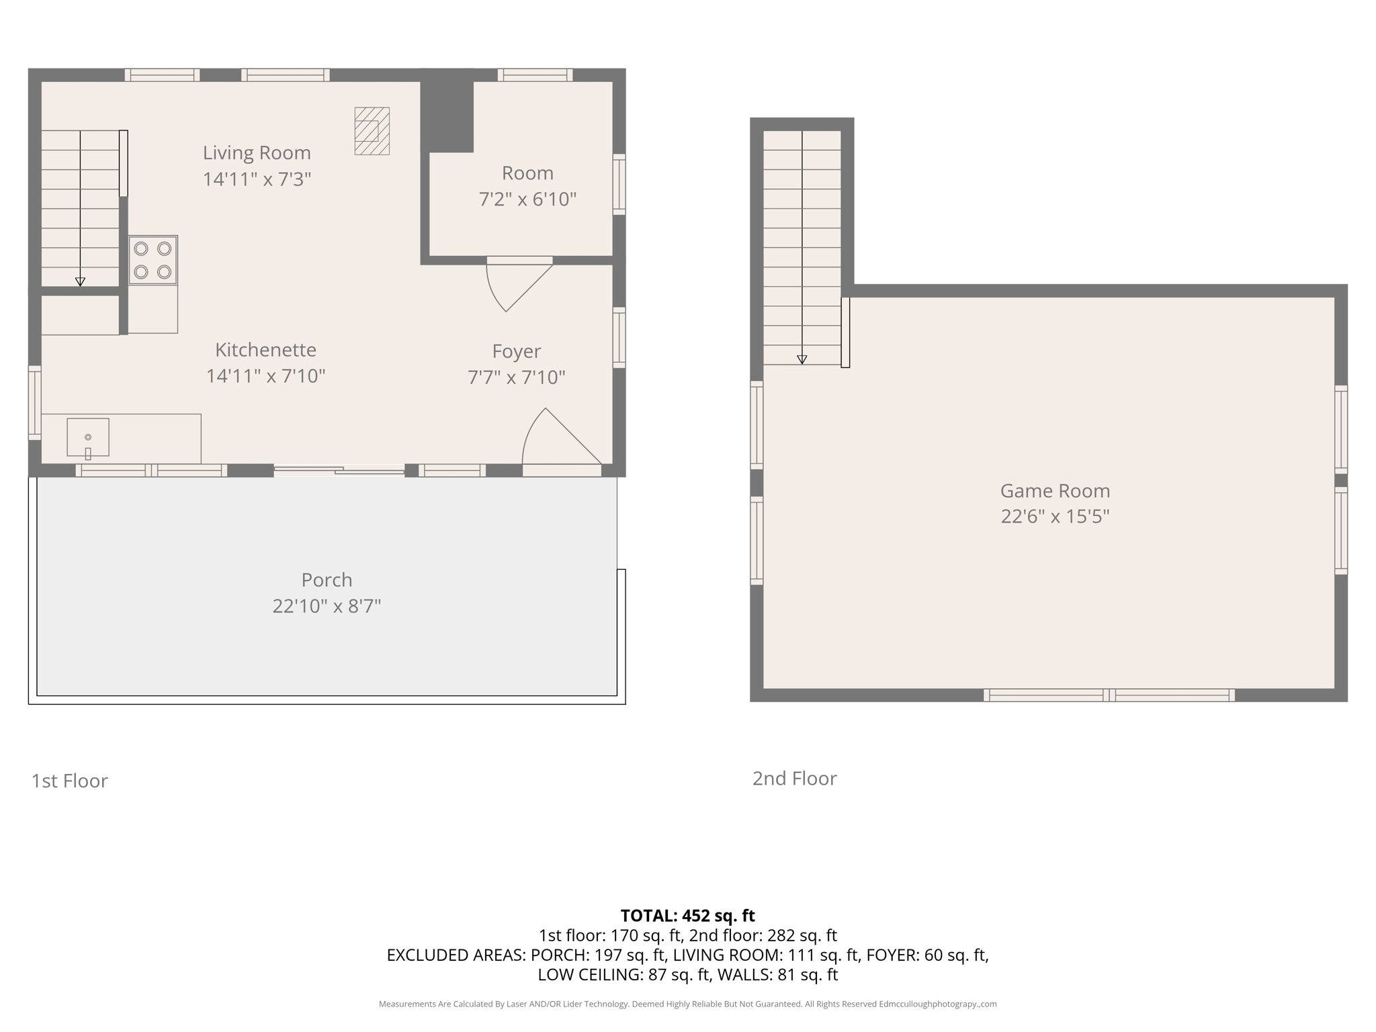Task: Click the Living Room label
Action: pyautogui.click(x=257, y=153)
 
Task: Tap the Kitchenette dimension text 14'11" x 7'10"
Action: pyautogui.click(x=265, y=376)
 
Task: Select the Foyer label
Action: pyautogui.click(x=517, y=351)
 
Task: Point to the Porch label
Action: pyautogui.click(x=327, y=579)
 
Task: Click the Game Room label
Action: pyautogui.click(x=1055, y=490)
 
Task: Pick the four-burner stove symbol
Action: pyautogui.click(x=153, y=260)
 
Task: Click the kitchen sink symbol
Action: pyautogui.click(x=88, y=437)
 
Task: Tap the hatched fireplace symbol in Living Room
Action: pyautogui.click(x=372, y=131)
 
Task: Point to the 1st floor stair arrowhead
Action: pyautogui.click(x=80, y=282)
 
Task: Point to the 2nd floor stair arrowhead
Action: pyautogui.click(x=802, y=360)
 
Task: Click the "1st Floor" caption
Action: pyautogui.click(x=70, y=781)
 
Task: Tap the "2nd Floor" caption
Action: pyautogui.click(x=794, y=778)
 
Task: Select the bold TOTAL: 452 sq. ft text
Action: pyautogui.click(x=687, y=916)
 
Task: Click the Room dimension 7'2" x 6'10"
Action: pyautogui.click(x=527, y=200)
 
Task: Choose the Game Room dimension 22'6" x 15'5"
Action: pyautogui.click(x=1055, y=517)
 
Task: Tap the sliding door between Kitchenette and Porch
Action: pyautogui.click(x=339, y=470)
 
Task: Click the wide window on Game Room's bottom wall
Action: pyautogui.click(x=1109, y=695)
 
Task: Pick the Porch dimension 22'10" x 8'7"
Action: pyautogui.click(x=327, y=606)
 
